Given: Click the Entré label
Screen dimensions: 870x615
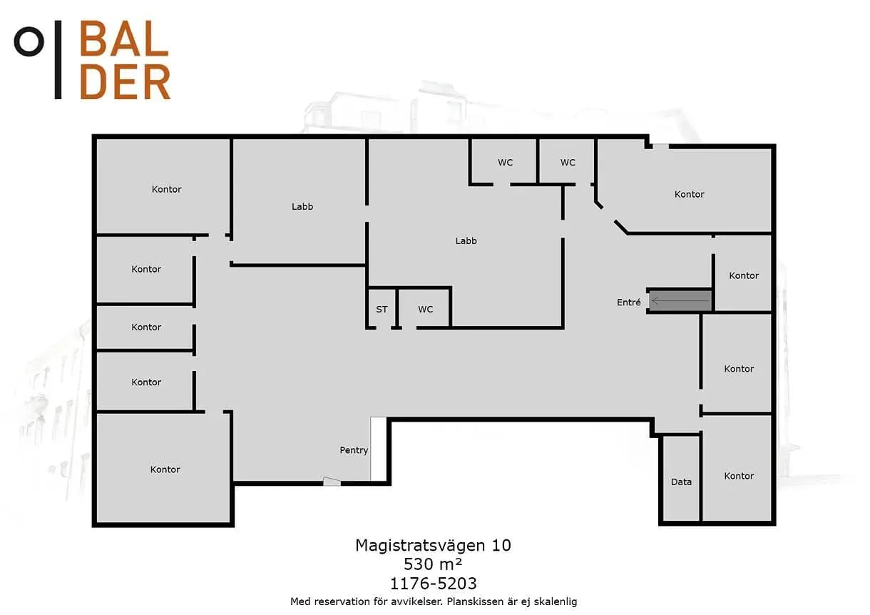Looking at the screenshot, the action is pos(628,302).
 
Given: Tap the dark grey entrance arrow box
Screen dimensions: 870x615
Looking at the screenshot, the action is pos(680,300).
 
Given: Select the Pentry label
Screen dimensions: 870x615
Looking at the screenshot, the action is pos(354,450).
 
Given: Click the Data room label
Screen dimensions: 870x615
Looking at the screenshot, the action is pos(681,482).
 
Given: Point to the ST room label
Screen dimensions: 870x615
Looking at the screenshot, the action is pos(382,309).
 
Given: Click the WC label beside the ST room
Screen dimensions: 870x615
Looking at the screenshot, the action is pos(425,309).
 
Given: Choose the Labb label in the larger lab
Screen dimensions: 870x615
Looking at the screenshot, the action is pos(466,241).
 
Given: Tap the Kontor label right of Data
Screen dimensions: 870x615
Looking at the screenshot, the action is pos(739,476).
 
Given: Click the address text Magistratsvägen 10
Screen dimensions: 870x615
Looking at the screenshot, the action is pos(433,546).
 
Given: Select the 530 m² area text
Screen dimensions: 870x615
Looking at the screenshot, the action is pos(433,564).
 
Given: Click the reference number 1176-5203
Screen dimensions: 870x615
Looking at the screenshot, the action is pos(433,583).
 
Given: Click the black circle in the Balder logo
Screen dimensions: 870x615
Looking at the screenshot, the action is pos(29,41).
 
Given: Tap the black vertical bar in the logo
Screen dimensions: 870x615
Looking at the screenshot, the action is pos(58,59).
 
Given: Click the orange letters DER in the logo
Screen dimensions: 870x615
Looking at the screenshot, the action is pos(125,82).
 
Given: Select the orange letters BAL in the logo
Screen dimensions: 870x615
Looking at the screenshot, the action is pos(124,38).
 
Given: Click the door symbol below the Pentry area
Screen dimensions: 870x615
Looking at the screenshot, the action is pos(332,482).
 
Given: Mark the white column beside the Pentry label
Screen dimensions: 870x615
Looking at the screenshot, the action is pos(378,449).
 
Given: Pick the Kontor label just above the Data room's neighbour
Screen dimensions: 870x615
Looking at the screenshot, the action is pos(739,369).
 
